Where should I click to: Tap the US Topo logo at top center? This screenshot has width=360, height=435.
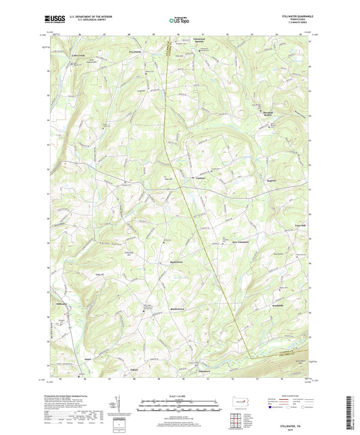point(180,20)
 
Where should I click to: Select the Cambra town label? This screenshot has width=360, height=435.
point(200,178)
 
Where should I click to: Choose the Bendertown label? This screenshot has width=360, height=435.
point(177,308)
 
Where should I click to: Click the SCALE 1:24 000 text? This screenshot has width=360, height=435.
point(180,395)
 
